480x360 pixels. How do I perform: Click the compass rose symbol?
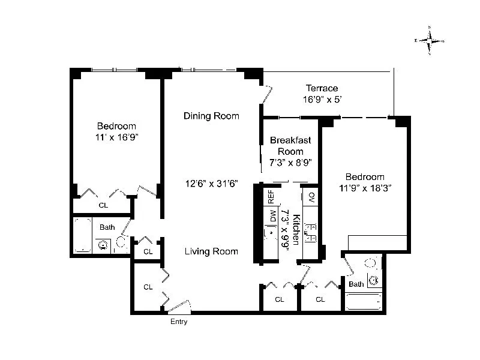430,41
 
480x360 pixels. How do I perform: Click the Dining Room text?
211,116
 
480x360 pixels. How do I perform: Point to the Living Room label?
211,251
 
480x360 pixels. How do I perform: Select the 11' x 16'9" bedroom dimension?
116,137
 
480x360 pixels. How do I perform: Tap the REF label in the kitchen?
271,196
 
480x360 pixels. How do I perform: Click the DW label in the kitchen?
272,215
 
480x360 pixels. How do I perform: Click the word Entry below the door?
179,322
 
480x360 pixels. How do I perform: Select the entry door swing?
179,306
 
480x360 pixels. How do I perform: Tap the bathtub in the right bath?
364,301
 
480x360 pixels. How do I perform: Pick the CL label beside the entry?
148,287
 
